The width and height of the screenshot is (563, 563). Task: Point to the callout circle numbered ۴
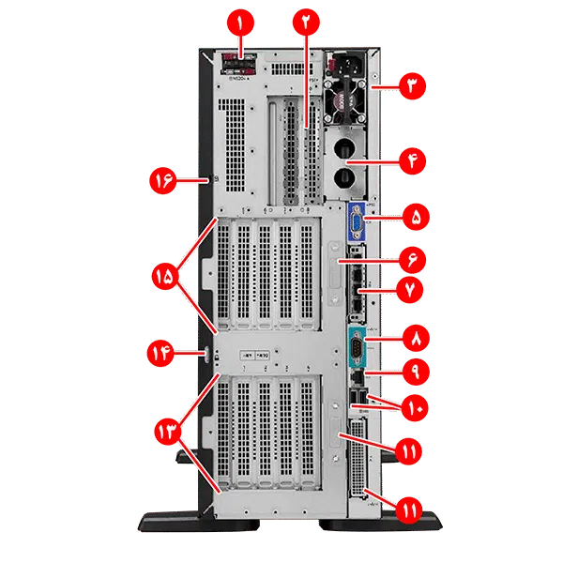411,161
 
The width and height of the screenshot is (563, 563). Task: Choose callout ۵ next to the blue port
411,218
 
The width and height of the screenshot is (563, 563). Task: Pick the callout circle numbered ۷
411,292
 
